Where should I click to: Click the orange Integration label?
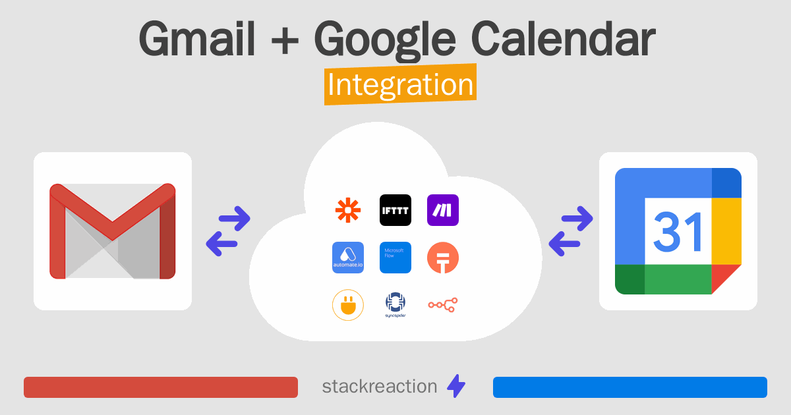coord(400,86)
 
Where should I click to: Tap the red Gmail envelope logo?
coord(113,231)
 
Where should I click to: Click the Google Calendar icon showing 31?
coord(678,231)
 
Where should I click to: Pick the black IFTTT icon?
coord(395,210)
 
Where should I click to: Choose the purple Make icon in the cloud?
coord(443,210)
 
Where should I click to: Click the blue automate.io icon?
coord(348,258)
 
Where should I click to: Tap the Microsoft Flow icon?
coord(395,258)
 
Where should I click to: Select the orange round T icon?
coord(443,258)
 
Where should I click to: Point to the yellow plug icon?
coord(348,305)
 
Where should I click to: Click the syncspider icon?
coord(395,305)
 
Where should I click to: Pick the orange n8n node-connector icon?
coord(443,304)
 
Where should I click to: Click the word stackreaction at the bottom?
coord(379,387)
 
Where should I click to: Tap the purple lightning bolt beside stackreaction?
coord(456,387)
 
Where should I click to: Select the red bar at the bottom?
coord(161,387)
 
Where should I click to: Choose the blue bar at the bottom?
coord(630,387)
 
